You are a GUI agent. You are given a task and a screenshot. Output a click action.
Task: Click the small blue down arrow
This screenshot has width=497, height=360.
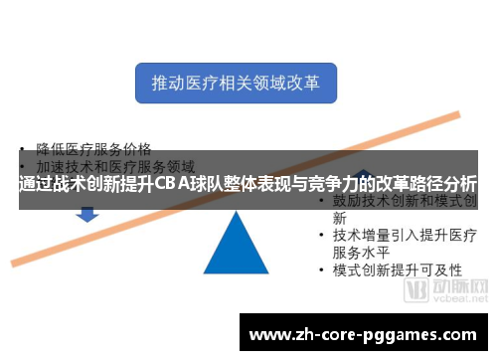pyautogui.click(x=86, y=213)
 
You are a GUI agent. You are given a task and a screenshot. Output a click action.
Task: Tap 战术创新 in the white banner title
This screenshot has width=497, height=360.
pyautogui.click(x=90, y=185)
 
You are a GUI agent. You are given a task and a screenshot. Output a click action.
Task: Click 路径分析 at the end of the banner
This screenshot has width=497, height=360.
pyautogui.click(x=443, y=185)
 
